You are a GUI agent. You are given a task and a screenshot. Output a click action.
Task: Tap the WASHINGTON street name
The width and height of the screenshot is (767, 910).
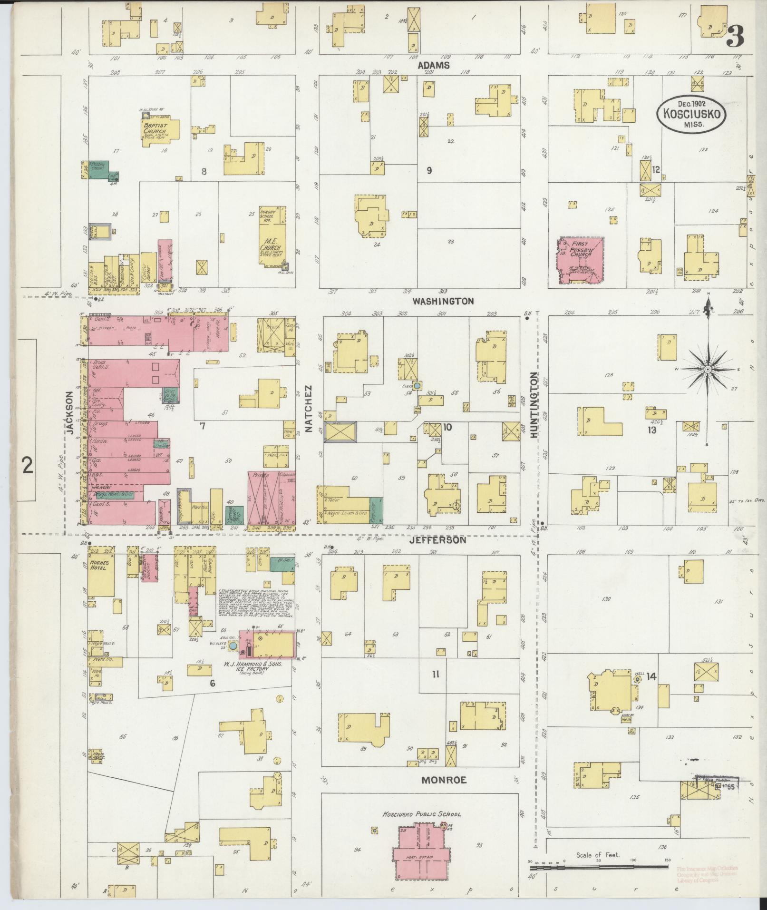click(443, 301)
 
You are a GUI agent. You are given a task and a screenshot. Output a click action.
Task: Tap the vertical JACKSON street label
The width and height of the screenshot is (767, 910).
click(70, 412)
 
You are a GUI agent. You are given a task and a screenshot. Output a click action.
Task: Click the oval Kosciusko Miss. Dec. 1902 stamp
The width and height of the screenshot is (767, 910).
click(692, 114)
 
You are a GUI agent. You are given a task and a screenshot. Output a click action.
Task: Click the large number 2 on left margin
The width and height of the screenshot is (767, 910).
click(28, 465)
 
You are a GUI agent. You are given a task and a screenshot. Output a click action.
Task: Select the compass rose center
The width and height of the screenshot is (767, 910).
click(708, 369)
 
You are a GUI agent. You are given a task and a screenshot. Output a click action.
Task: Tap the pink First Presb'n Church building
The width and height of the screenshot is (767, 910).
click(581, 261)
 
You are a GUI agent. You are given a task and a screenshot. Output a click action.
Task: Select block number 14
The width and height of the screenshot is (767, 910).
click(650, 676)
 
